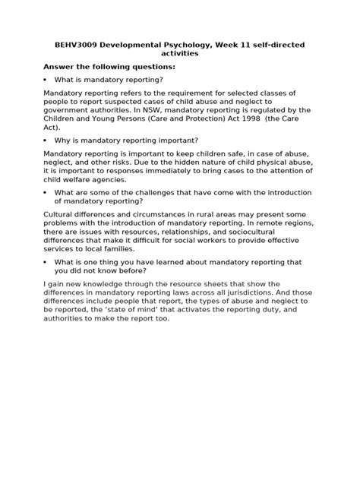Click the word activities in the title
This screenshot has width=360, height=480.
(x=180, y=54)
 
